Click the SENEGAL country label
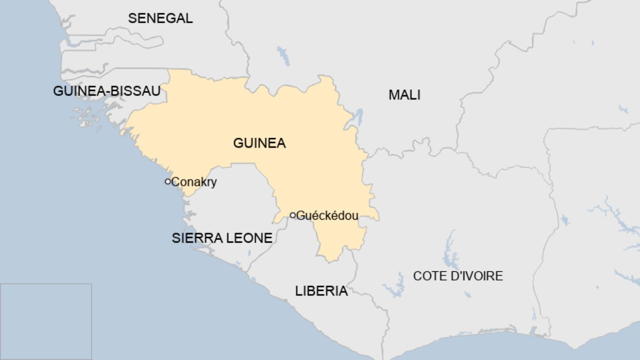tap(160, 18)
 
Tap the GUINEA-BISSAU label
tap(107, 91)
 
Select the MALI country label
tap(404, 95)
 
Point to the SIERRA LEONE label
tap(222, 238)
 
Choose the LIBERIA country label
tap(321, 291)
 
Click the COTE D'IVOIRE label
tap(458, 276)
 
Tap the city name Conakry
tap(194, 182)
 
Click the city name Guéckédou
tap(327, 216)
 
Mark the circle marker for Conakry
tap(168, 182)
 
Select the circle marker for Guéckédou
tap(293, 215)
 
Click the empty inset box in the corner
tap(46, 321)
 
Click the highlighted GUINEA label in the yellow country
tap(259, 143)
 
